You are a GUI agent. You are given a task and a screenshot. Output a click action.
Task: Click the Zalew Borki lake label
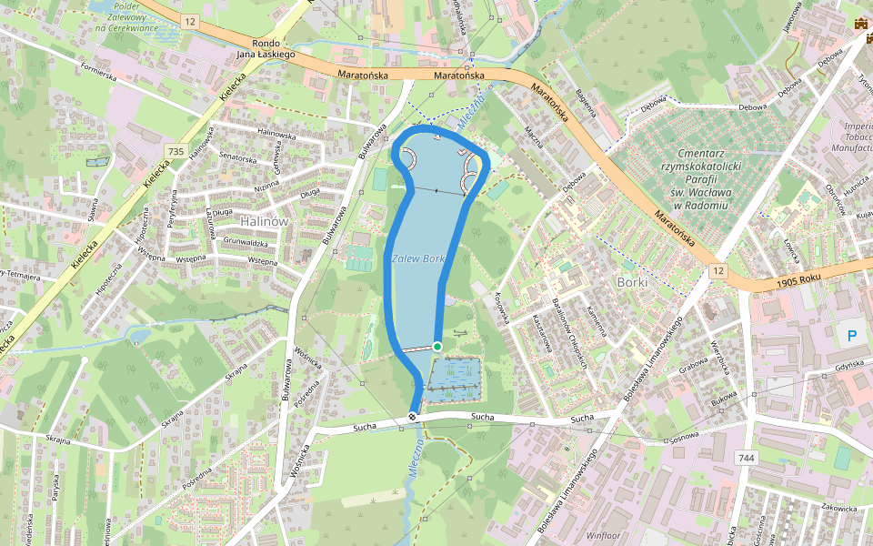[x=418, y=259]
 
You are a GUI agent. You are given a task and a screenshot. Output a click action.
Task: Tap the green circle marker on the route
[x=437, y=347]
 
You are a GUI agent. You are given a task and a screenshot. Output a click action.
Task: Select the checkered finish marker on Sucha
[x=414, y=417]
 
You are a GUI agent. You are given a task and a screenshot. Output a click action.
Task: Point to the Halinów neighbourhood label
[x=264, y=221]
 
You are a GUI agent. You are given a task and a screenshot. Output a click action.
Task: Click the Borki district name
[x=631, y=282]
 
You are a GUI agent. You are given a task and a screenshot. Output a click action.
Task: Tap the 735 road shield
[x=176, y=150]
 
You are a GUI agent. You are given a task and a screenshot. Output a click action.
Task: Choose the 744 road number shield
[x=746, y=458]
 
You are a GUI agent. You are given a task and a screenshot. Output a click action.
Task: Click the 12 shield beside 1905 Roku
[x=718, y=272]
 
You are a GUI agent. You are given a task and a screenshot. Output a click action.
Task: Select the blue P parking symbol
[x=852, y=336]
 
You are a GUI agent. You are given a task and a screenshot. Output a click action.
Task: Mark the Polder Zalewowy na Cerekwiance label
[x=127, y=17]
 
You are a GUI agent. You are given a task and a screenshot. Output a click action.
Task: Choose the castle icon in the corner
[x=859, y=24]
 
